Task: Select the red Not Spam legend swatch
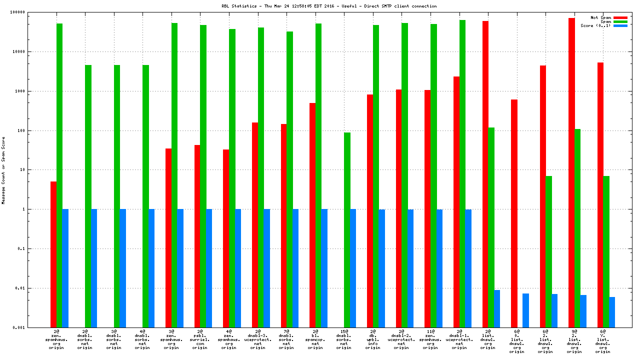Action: tap(620, 17)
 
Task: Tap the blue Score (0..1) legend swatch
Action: tap(620, 25)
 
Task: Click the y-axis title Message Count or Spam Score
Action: tap(3, 170)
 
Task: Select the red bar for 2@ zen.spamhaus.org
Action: tap(53, 254)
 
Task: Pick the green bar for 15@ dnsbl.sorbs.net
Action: tap(347, 230)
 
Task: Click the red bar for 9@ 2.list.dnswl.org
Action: tap(571, 172)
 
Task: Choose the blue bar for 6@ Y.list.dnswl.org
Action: tap(612, 312)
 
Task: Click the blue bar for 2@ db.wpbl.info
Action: tap(382, 268)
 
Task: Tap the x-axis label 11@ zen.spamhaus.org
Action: tap(430, 339)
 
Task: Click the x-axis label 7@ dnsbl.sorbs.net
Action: tap(286, 339)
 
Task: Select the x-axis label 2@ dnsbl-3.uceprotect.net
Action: tap(258, 339)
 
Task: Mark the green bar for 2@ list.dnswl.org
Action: tap(491, 227)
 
